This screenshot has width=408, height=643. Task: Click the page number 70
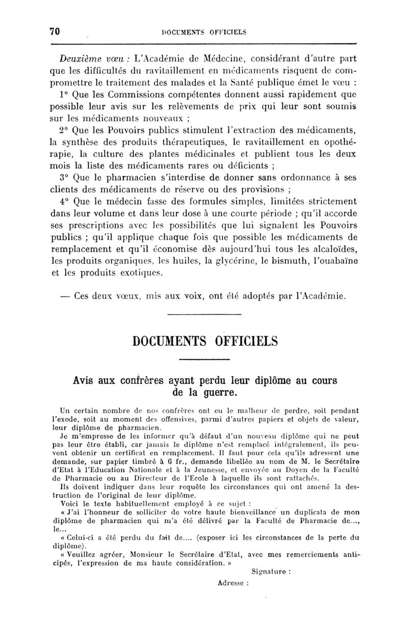[55, 31]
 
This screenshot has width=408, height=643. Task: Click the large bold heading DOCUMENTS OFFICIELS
[203, 340]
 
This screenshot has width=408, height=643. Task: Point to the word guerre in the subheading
[218, 393]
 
